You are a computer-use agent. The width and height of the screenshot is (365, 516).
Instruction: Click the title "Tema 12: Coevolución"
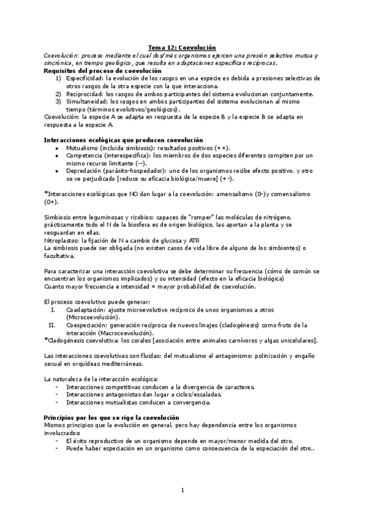pyautogui.click(x=182, y=47)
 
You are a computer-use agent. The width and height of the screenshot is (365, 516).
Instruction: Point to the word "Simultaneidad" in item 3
pyautogui.click(x=85, y=102)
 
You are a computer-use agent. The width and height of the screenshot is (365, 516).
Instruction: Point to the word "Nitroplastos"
pyautogui.click(x=63, y=241)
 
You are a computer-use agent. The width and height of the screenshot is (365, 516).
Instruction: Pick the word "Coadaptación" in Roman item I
pyautogui.click(x=86, y=310)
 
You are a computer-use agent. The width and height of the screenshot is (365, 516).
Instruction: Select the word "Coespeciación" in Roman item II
pyautogui.click(x=86, y=325)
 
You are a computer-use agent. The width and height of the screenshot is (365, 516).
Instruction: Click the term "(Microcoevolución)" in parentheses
pyautogui.click(x=93, y=318)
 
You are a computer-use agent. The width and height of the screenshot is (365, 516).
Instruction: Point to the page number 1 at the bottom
pyautogui.click(x=182, y=491)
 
